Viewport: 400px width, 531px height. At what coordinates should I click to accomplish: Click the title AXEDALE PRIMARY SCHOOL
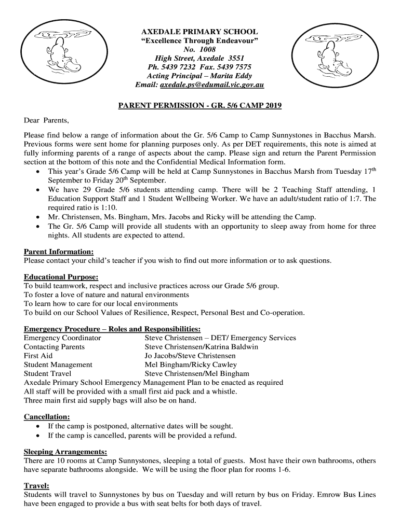click(199, 32)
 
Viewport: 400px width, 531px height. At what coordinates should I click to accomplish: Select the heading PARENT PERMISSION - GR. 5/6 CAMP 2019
click(199, 106)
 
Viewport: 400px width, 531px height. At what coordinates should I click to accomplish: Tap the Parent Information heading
click(59, 251)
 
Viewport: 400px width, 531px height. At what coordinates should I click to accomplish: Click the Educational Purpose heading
click(61, 277)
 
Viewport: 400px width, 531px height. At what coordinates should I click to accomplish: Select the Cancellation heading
click(47, 416)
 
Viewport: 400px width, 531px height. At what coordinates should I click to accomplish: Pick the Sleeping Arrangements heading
click(65, 451)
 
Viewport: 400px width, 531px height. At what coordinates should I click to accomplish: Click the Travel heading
click(36, 486)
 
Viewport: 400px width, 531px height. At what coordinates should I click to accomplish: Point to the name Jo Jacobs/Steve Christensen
click(190, 356)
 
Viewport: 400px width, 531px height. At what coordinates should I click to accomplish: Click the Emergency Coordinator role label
click(62, 338)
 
